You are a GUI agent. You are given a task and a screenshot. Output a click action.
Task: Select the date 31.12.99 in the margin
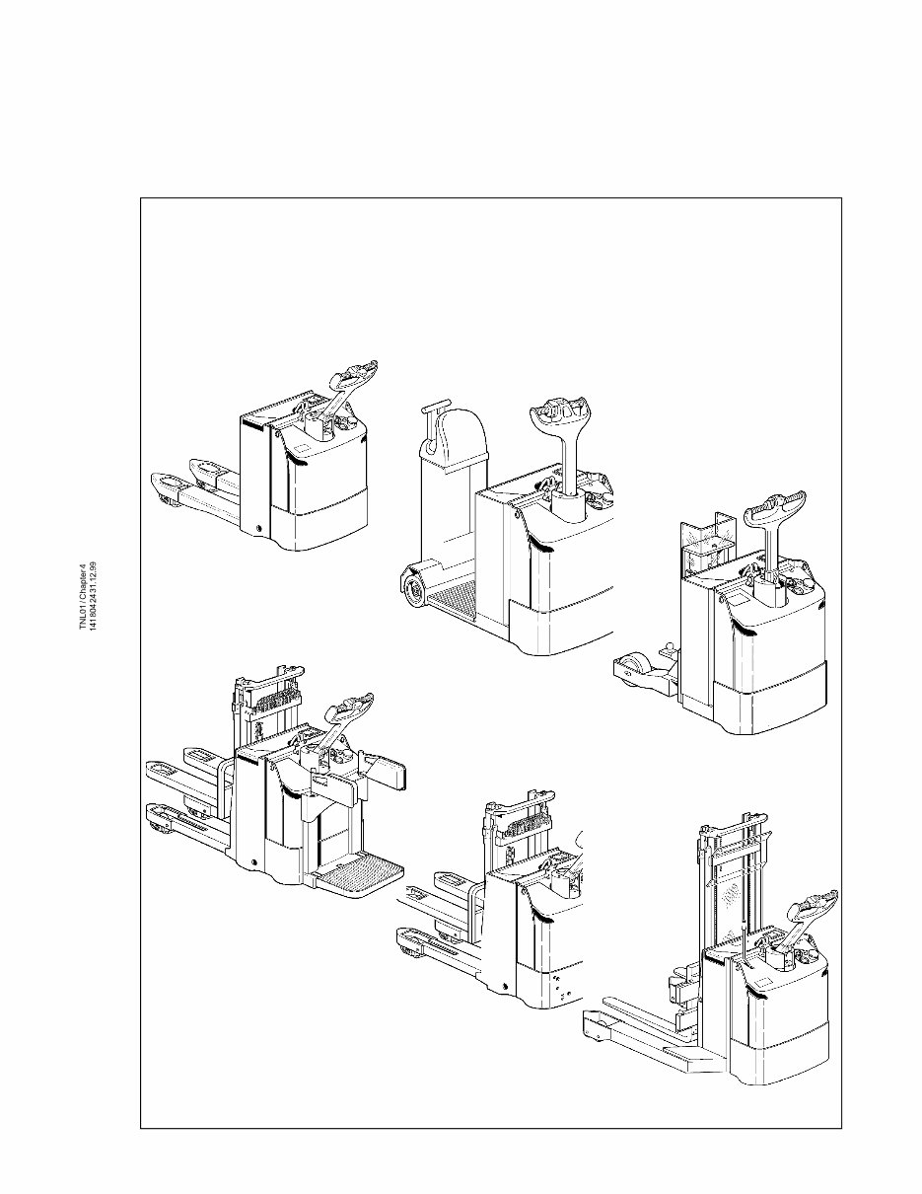93,575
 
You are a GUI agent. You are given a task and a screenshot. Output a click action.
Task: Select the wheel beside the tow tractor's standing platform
414,590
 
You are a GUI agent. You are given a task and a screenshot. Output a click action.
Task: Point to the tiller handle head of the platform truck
351,709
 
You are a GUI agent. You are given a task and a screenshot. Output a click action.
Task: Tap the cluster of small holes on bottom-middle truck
560,988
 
